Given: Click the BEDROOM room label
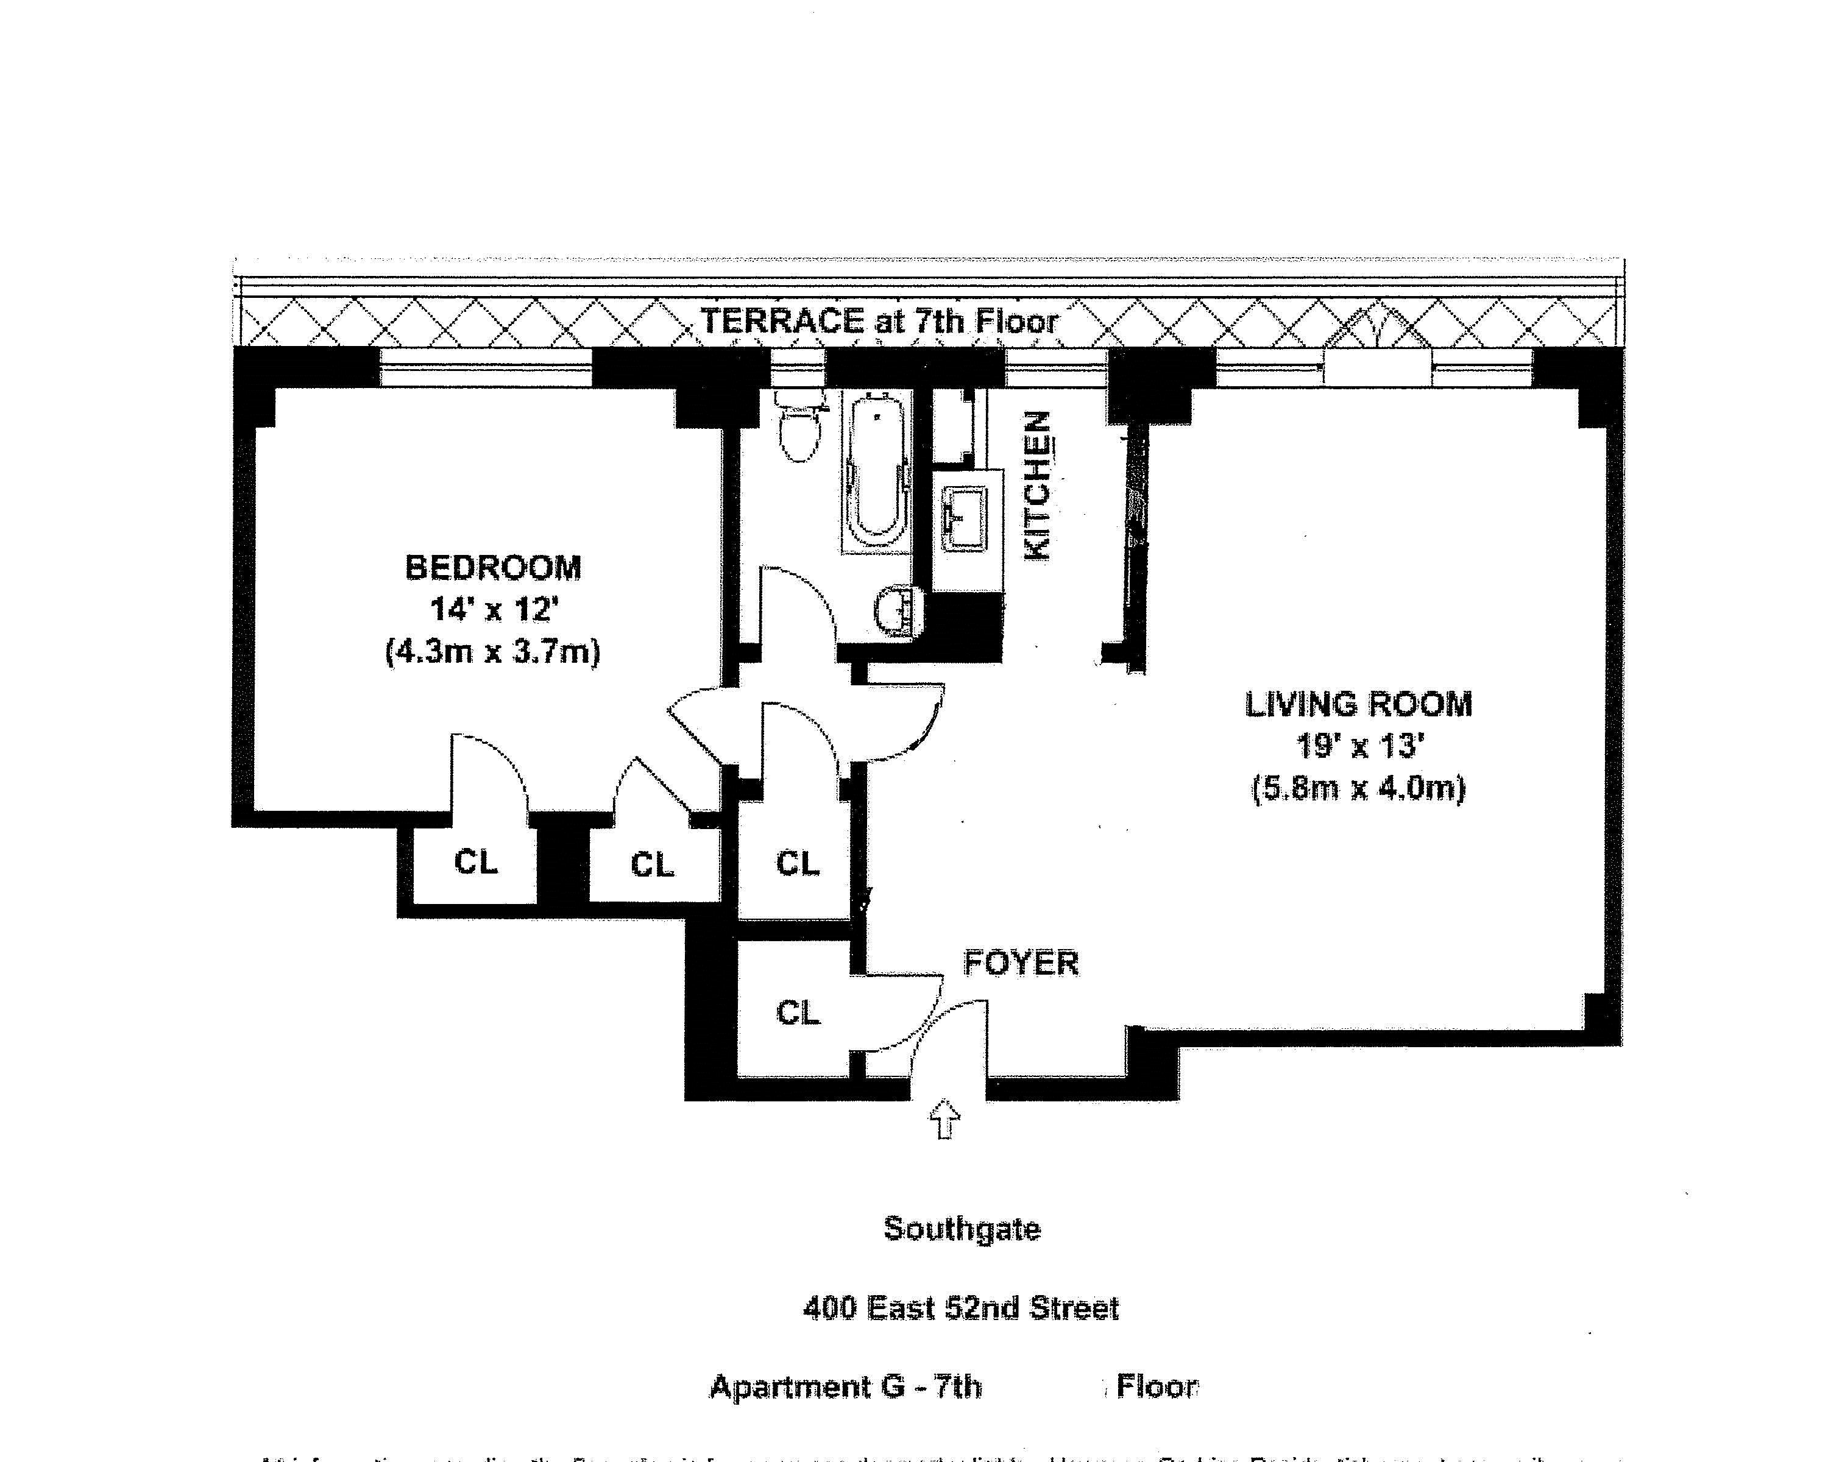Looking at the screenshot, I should pyautogui.click(x=492, y=567).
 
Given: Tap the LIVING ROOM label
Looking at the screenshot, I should pyautogui.click(x=1358, y=704).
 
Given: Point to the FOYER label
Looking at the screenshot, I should pyautogui.click(x=1021, y=963).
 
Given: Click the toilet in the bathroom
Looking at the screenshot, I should pyautogui.click(x=799, y=429).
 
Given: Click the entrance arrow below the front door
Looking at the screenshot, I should pyautogui.click(x=945, y=1119).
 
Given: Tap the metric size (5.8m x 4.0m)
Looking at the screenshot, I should pyautogui.click(x=1358, y=789).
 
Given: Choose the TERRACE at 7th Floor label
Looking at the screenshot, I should pyautogui.click(x=879, y=321).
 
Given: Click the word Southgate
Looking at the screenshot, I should pyautogui.click(x=962, y=1228).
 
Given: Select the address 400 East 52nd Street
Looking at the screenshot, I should pyautogui.click(x=961, y=1308).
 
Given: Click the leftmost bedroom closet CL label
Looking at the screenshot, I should pyautogui.click(x=476, y=862).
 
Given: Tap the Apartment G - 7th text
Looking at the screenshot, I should pyautogui.click(x=845, y=1386).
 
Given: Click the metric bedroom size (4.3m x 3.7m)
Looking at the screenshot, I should pyautogui.click(x=492, y=652).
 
